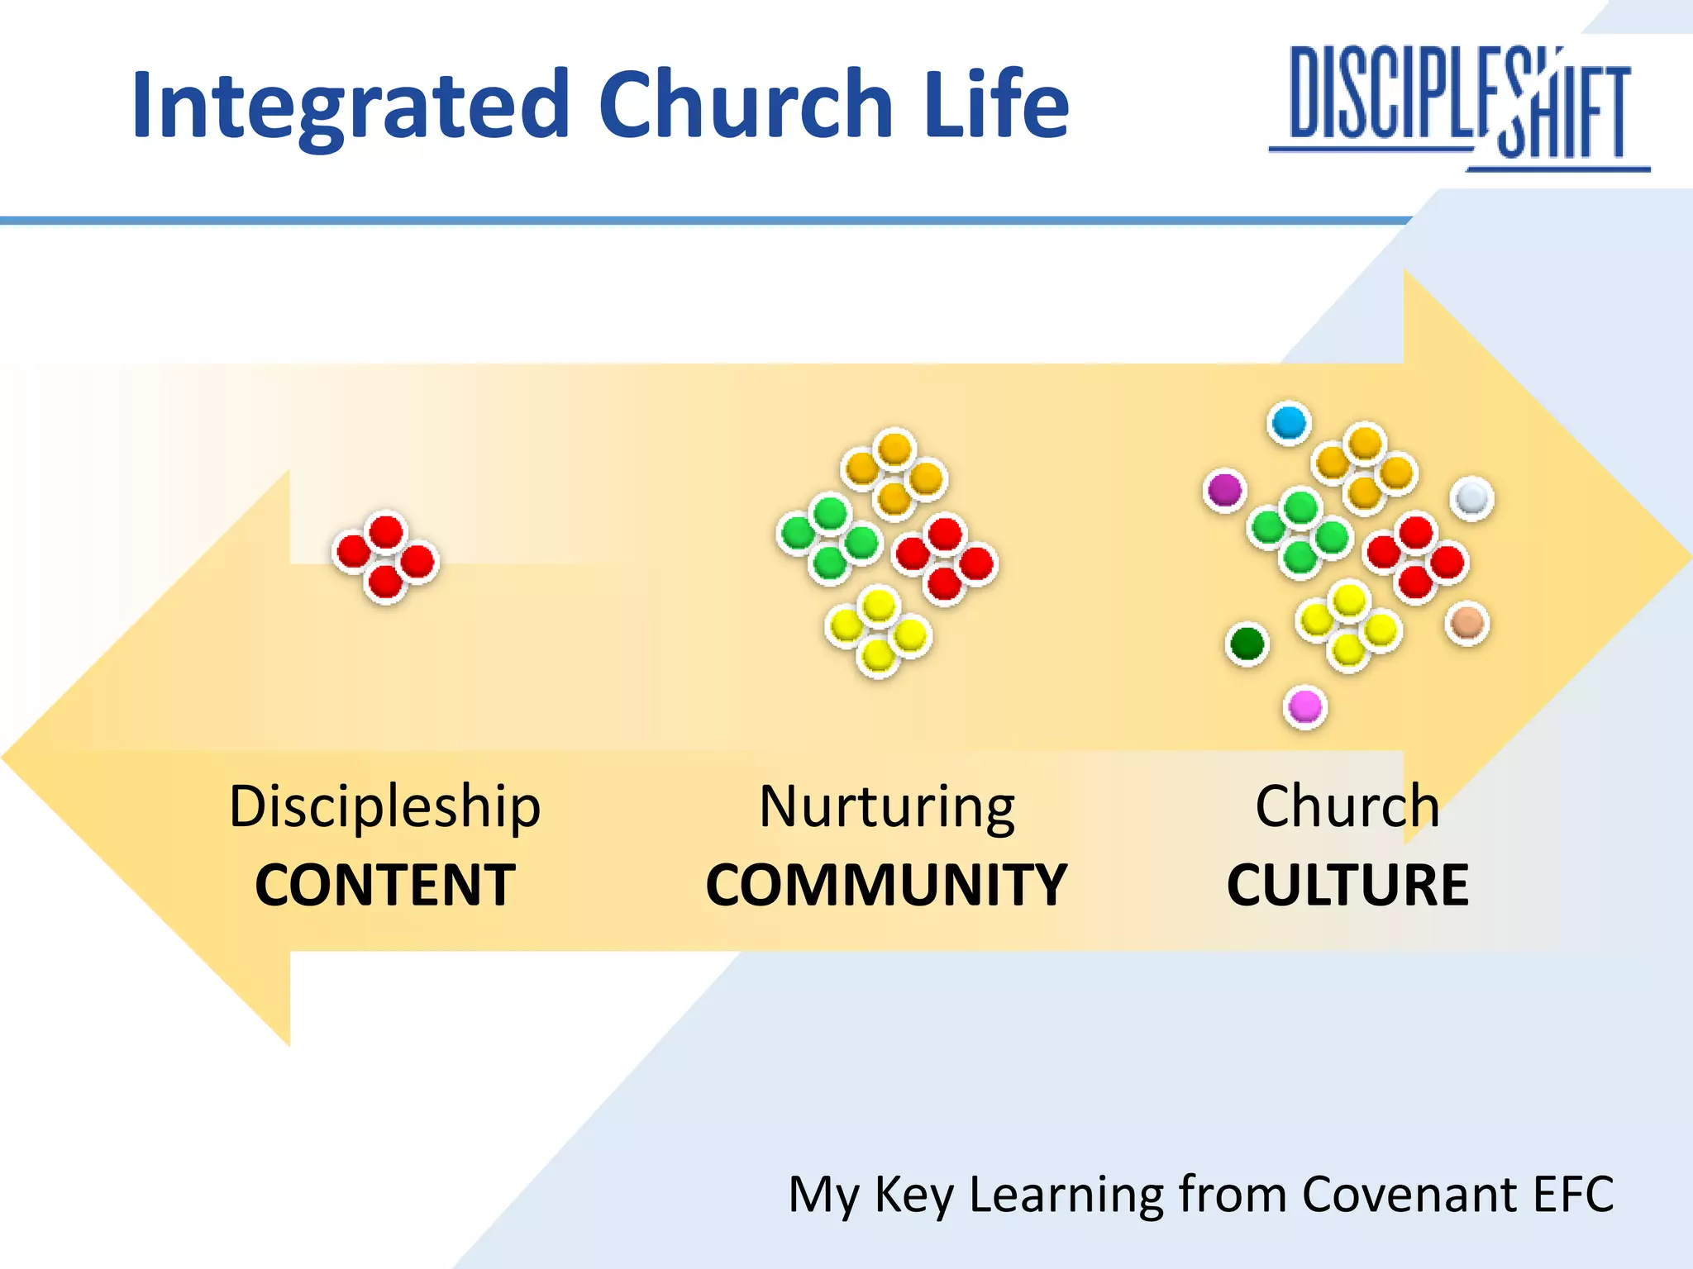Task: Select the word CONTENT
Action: pyautogui.click(x=385, y=885)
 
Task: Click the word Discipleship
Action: pyautogui.click(x=385, y=806)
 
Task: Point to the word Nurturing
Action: pyautogui.click(x=887, y=806)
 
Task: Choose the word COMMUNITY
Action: pyautogui.click(x=886, y=885)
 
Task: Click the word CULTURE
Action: pyautogui.click(x=1347, y=885)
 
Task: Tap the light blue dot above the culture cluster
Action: pyautogui.click(x=1289, y=423)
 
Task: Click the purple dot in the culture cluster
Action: pyautogui.click(x=1224, y=490)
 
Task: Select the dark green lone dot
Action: pyautogui.click(x=1247, y=643)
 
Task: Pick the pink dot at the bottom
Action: pyautogui.click(x=1305, y=707)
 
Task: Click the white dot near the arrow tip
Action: pyautogui.click(x=1471, y=498)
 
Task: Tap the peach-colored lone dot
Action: pyautogui.click(x=1467, y=622)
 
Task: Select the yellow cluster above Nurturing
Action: pyautogui.click(x=878, y=630)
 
